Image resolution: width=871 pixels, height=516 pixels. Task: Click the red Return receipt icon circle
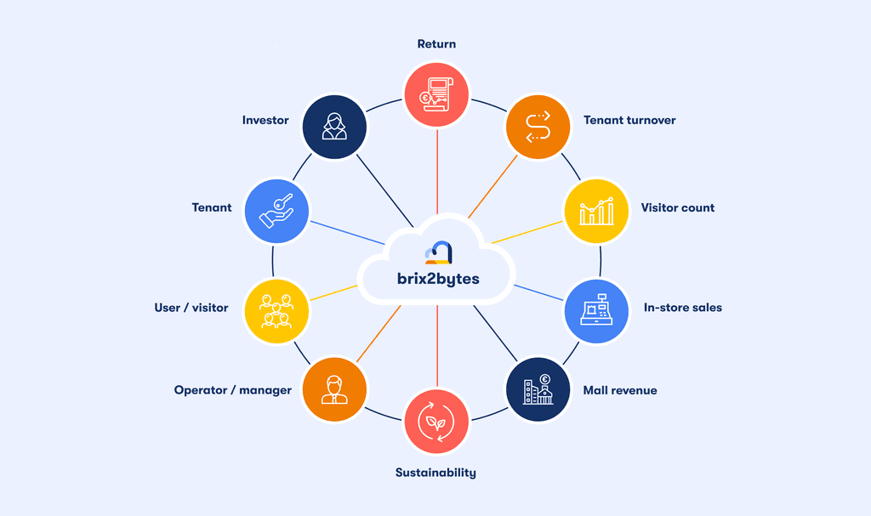pos(436,96)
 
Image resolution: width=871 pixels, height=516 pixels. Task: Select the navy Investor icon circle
pos(334,127)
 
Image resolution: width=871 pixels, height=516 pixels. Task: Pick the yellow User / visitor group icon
pos(276,310)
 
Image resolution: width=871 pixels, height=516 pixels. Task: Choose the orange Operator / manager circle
pos(334,389)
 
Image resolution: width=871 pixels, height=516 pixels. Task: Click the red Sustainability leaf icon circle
pos(436,421)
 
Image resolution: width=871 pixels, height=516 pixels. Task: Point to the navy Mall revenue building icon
pos(538,389)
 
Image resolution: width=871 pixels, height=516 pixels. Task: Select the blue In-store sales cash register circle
pos(597,310)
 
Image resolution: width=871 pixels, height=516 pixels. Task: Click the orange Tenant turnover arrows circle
pos(538,127)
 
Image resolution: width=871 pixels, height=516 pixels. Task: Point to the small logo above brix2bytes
pos(437,252)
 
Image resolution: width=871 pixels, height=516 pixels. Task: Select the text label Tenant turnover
pos(629,121)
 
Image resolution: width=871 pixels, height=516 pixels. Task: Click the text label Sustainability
pos(435,473)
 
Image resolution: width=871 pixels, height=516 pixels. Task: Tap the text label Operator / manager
pos(233,391)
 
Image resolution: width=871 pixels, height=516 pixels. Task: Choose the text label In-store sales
pos(682,308)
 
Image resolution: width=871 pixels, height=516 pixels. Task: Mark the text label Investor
pos(265,121)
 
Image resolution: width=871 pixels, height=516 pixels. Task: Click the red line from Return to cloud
pos(436,170)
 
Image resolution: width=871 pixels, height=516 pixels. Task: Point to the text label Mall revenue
pos(620,391)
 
